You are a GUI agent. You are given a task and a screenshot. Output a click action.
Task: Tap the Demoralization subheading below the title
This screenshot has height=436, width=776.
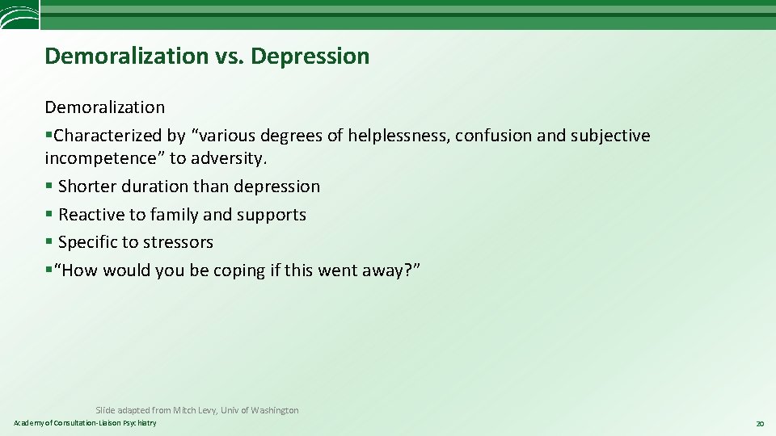105,107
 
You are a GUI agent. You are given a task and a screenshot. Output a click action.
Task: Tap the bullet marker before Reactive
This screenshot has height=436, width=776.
49,215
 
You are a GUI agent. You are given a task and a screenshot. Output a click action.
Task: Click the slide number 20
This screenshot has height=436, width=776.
759,423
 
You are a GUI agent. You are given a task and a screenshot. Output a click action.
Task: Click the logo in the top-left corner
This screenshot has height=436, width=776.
19,15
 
